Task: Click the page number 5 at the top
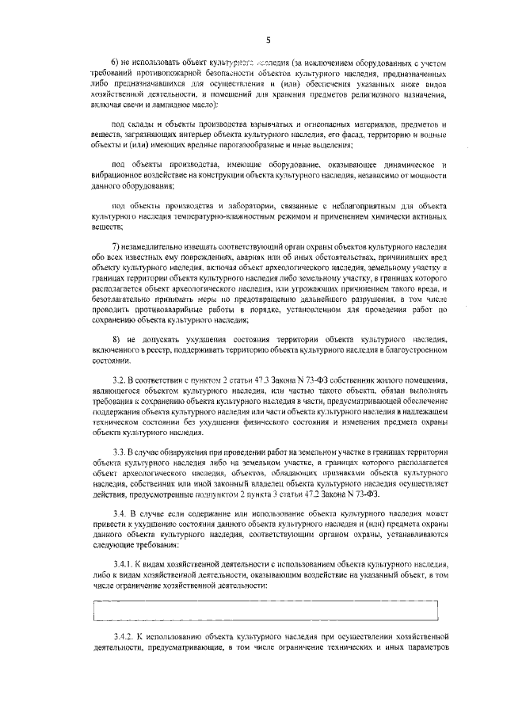pos(269,39)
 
